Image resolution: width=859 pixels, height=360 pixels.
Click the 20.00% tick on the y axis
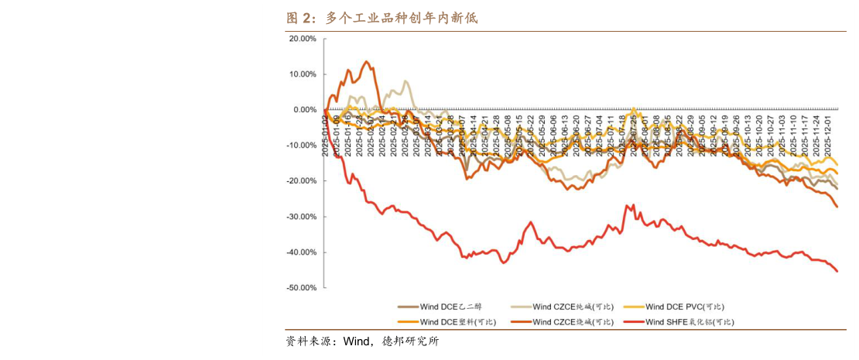point(302,39)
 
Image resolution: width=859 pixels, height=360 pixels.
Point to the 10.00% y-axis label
point(302,74)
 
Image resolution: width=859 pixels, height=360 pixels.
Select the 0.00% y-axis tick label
point(304,110)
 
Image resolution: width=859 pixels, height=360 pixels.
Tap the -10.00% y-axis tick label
point(301,146)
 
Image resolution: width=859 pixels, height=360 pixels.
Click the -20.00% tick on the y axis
point(301,181)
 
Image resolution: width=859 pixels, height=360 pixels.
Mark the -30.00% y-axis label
point(301,217)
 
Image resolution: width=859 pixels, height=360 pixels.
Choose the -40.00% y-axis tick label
point(301,252)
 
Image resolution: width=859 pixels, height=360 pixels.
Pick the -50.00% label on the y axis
point(301,288)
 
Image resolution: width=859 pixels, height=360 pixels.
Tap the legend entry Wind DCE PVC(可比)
point(684,307)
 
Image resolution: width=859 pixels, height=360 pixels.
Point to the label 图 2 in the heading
point(301,18)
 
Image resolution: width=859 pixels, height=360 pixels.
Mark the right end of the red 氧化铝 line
point(837,271)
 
